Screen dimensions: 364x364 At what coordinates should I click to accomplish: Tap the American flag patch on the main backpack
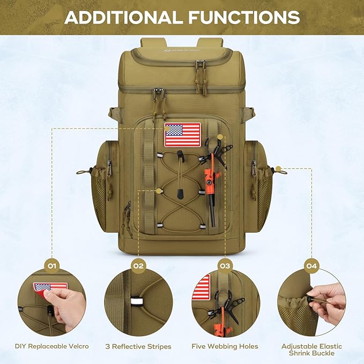click(182, 135)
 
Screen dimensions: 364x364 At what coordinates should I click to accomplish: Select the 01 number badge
click(52, 265)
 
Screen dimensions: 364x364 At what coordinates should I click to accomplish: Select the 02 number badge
click(138, 265)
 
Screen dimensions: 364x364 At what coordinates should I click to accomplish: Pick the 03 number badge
click(225, 265)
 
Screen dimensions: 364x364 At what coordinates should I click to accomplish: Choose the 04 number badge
click(311, 265)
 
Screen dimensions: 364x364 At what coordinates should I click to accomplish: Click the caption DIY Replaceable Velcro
click(52, 347)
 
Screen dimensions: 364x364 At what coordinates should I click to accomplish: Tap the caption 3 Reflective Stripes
click(138, 347)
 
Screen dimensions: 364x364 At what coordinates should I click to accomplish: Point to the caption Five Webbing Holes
click(225, 347)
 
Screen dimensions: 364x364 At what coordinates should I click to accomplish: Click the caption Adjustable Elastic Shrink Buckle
click(311, 350)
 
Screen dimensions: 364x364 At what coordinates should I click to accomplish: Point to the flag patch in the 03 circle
click(201, 287)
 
